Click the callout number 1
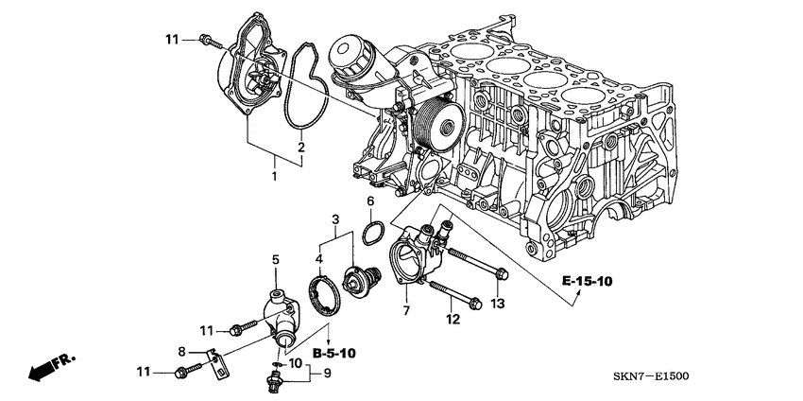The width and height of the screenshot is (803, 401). [x=275, y=177]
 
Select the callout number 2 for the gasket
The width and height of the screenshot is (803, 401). [x=301, y=148]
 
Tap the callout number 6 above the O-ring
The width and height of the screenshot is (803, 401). [x=370, y=201]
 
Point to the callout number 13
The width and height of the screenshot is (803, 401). [x=499, y=303]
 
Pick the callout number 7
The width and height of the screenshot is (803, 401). [x=405, y=310]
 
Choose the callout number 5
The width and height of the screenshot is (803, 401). [x=276, y=258]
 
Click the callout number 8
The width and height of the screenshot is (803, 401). [x=181, y=351]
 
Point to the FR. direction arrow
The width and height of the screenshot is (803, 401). [x=52, y=368]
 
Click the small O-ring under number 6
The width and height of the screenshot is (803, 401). [x=372, y=232]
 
